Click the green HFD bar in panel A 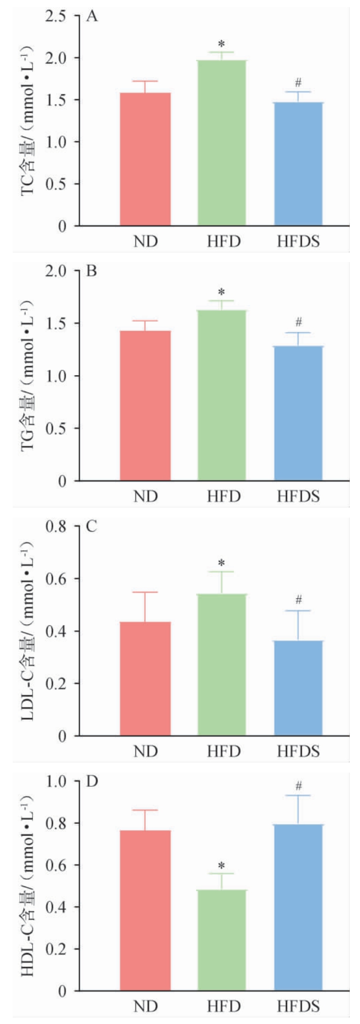click(222, 143)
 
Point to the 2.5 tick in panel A click(58, 17)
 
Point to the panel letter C click(92, 526)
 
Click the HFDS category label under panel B click(299, 496)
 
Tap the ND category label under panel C click(146, 751)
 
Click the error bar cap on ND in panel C click(145, 592)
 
